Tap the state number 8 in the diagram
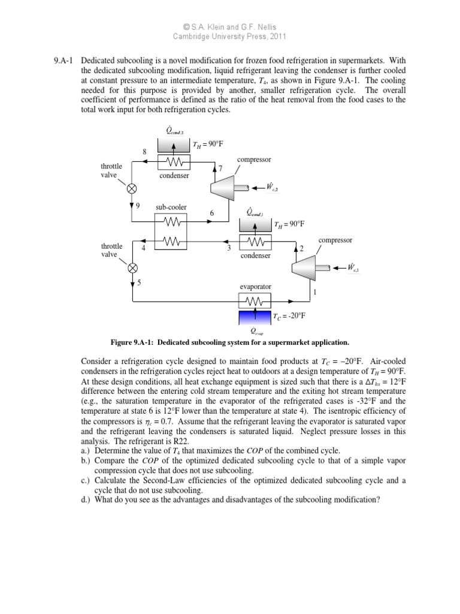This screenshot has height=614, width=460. [x=144, y=152]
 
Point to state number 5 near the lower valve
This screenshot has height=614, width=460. [x=139, y=282]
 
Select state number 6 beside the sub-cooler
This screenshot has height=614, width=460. [x=211, y=213]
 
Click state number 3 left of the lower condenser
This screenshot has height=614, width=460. [x=228, y=248]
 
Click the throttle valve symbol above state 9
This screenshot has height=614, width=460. [x=132, y=187]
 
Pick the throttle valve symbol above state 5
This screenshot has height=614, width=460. [x=133, y=267]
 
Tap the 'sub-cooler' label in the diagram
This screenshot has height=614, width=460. [x=171, y=207]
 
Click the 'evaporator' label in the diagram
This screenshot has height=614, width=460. [x=256, y=287]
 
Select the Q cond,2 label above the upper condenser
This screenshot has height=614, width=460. [x=174, y=130]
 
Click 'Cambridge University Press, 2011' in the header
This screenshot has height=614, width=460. [x=230, y=36]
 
